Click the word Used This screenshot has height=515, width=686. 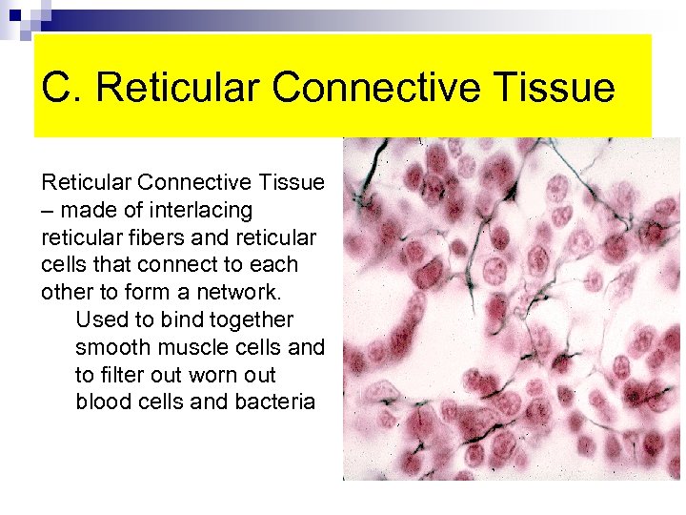coord(101,319)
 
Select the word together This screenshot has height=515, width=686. coord(251,319)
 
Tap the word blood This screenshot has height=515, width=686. coord(103,402)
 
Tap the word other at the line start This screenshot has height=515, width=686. coord(64,292)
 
